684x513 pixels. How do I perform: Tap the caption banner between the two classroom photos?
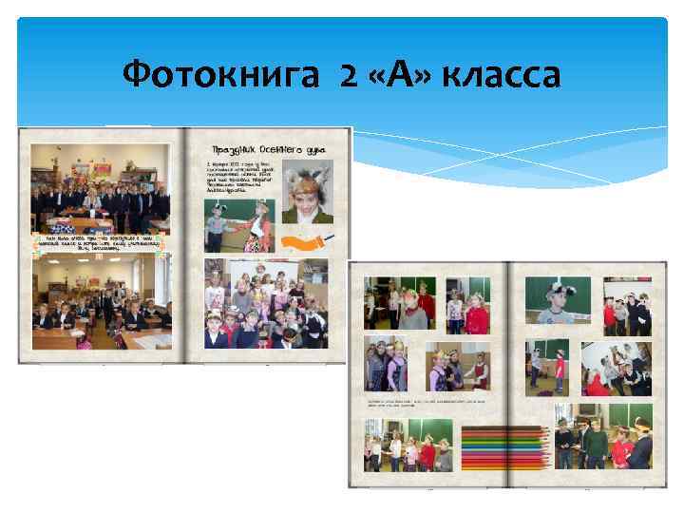(100, 241)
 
